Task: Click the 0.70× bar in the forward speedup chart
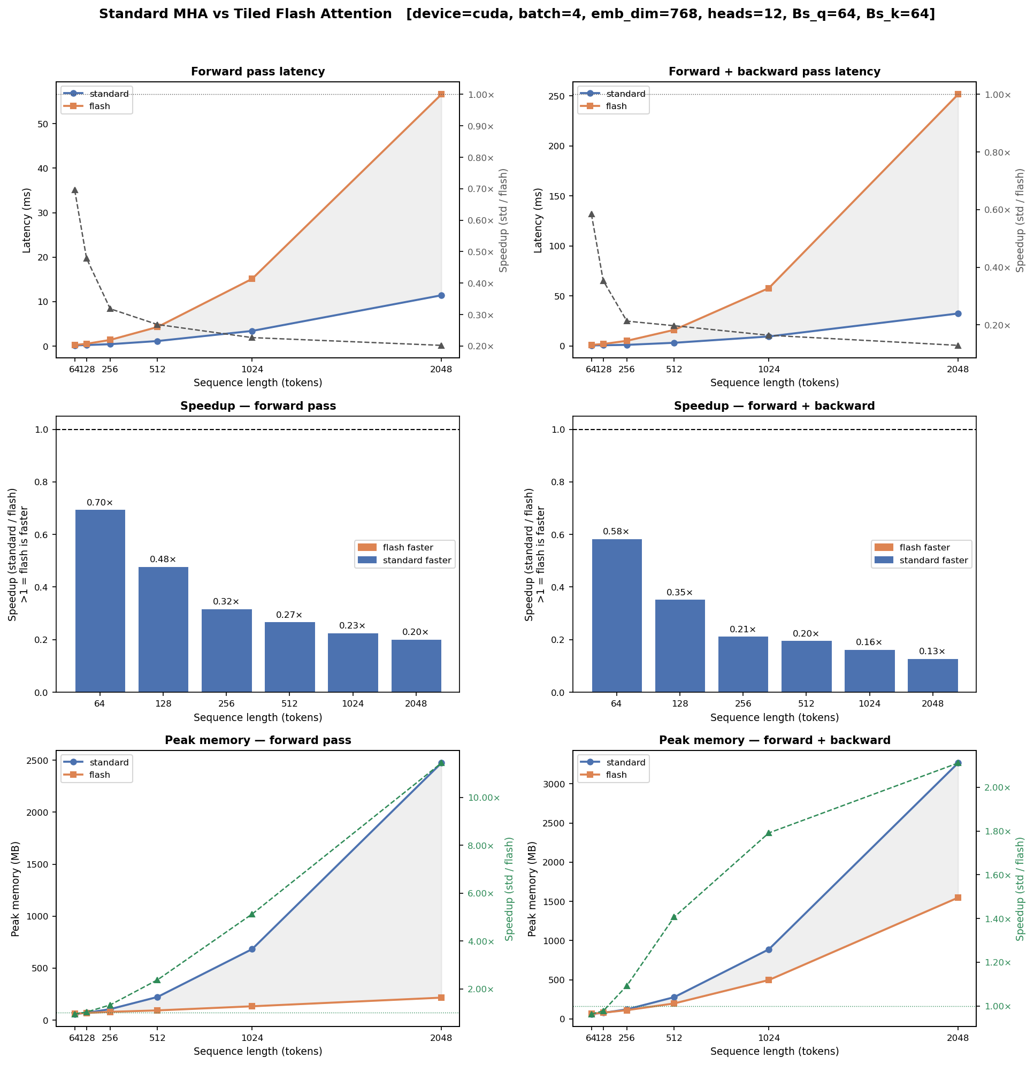point(100,600)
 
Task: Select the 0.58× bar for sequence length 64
point(617,615)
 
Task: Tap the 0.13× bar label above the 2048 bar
point(932,651)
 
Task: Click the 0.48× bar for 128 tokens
point(163,629)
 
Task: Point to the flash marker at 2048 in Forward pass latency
point(441,95)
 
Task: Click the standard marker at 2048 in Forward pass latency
point(441,296)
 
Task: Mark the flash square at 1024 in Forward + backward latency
point(768,288)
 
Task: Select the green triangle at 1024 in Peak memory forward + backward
point(768,833)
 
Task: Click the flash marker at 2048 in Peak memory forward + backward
point(958,897)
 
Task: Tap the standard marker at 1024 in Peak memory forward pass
point(252,949)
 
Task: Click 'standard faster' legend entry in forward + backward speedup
point(933,560)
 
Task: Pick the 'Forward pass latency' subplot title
point(257,72)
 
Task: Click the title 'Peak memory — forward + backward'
point(774,740)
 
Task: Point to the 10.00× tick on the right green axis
point(480,798)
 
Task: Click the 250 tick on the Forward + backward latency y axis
point(560,96)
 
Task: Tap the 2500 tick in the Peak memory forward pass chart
point(39,760)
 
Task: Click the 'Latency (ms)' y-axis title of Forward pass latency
point(27,220)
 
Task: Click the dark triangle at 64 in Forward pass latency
point(75,190)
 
